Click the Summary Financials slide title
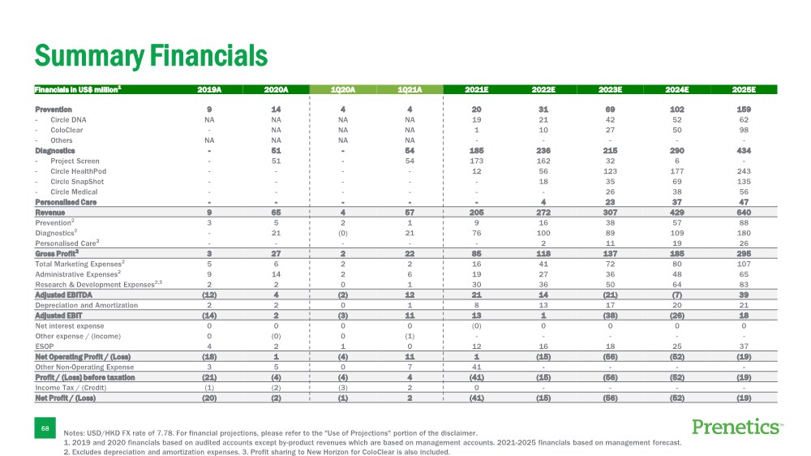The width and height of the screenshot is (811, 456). [150, 55]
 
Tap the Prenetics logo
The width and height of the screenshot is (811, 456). [738, 427]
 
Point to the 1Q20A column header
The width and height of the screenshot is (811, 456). [343, 89]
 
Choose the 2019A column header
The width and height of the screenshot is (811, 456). [210, 89]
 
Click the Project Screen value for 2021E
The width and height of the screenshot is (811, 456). [477, 161]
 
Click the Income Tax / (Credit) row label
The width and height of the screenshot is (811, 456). [71, 388]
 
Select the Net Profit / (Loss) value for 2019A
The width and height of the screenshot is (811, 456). [210, 398]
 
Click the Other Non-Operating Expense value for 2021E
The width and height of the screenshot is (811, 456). [477, 368]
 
